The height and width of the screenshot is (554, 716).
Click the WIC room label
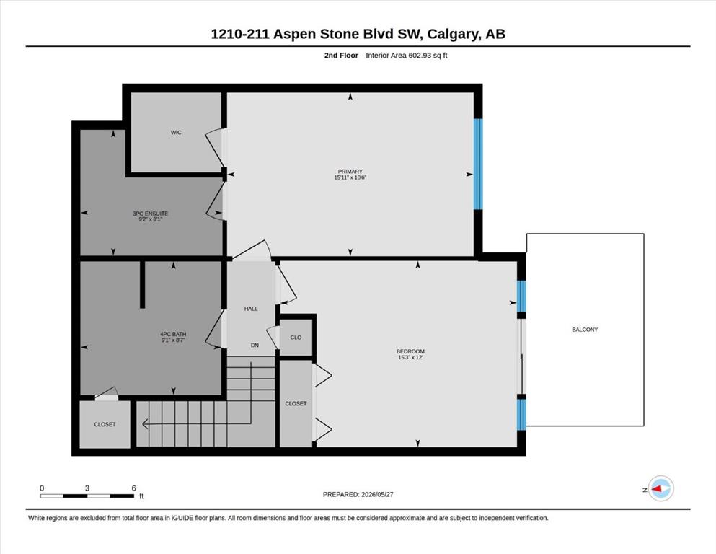pyautogui.click(x=176, y=133)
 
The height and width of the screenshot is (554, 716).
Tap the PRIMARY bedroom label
pyautogui.click(x=350, y=172)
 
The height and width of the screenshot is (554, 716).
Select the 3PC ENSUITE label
pyautogui.click(x=150, y=214)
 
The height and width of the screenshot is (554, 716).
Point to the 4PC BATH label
pyautogui.click(x=173, y=334)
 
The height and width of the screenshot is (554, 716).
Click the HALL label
pyautogui.click(x=251, y=309)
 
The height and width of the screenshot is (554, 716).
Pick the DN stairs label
pyautogui.click(x=255, y=346)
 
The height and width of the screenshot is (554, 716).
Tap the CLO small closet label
pyautogui.click(x=296, y=338)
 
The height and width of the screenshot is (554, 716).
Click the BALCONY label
pyautogui.click(x=585, y=329)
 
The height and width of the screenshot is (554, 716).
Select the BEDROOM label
pyautogui.click(x=410, y=351)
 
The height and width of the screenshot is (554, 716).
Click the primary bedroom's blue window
pyautogui.click(x=478, y=164)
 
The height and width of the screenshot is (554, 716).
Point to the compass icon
pyautogui.click(x=661, y=488)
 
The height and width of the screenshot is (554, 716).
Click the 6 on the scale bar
pyautogui.click(x=134, y=488)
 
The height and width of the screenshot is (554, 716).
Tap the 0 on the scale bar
pyautogui.click(x=42, y=488)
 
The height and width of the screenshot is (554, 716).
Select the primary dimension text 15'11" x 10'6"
pyautogui.click(x=350, y=177)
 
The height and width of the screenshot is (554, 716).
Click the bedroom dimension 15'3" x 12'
pyautogui.click(x=410, y=357)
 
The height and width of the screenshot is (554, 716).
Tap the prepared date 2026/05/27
pyautogui.click(x=377, y=494)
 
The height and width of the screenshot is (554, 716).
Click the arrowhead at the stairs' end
pyautogui.click(x=145, y=424)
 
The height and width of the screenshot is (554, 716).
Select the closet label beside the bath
pyautogui.click(x=105, y=424)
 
